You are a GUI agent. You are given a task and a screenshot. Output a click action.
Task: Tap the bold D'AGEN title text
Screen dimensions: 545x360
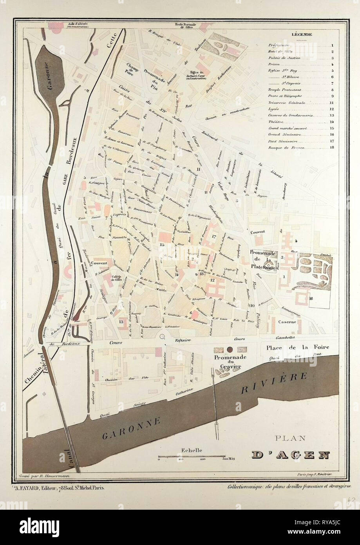tap(290, 455)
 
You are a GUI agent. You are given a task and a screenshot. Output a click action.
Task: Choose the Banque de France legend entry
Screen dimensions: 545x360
tap(286, 148)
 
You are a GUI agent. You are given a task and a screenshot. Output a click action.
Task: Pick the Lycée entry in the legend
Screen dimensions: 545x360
tap(273, 109)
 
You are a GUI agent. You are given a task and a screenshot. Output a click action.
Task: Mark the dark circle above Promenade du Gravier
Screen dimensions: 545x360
tap(229, 349)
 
